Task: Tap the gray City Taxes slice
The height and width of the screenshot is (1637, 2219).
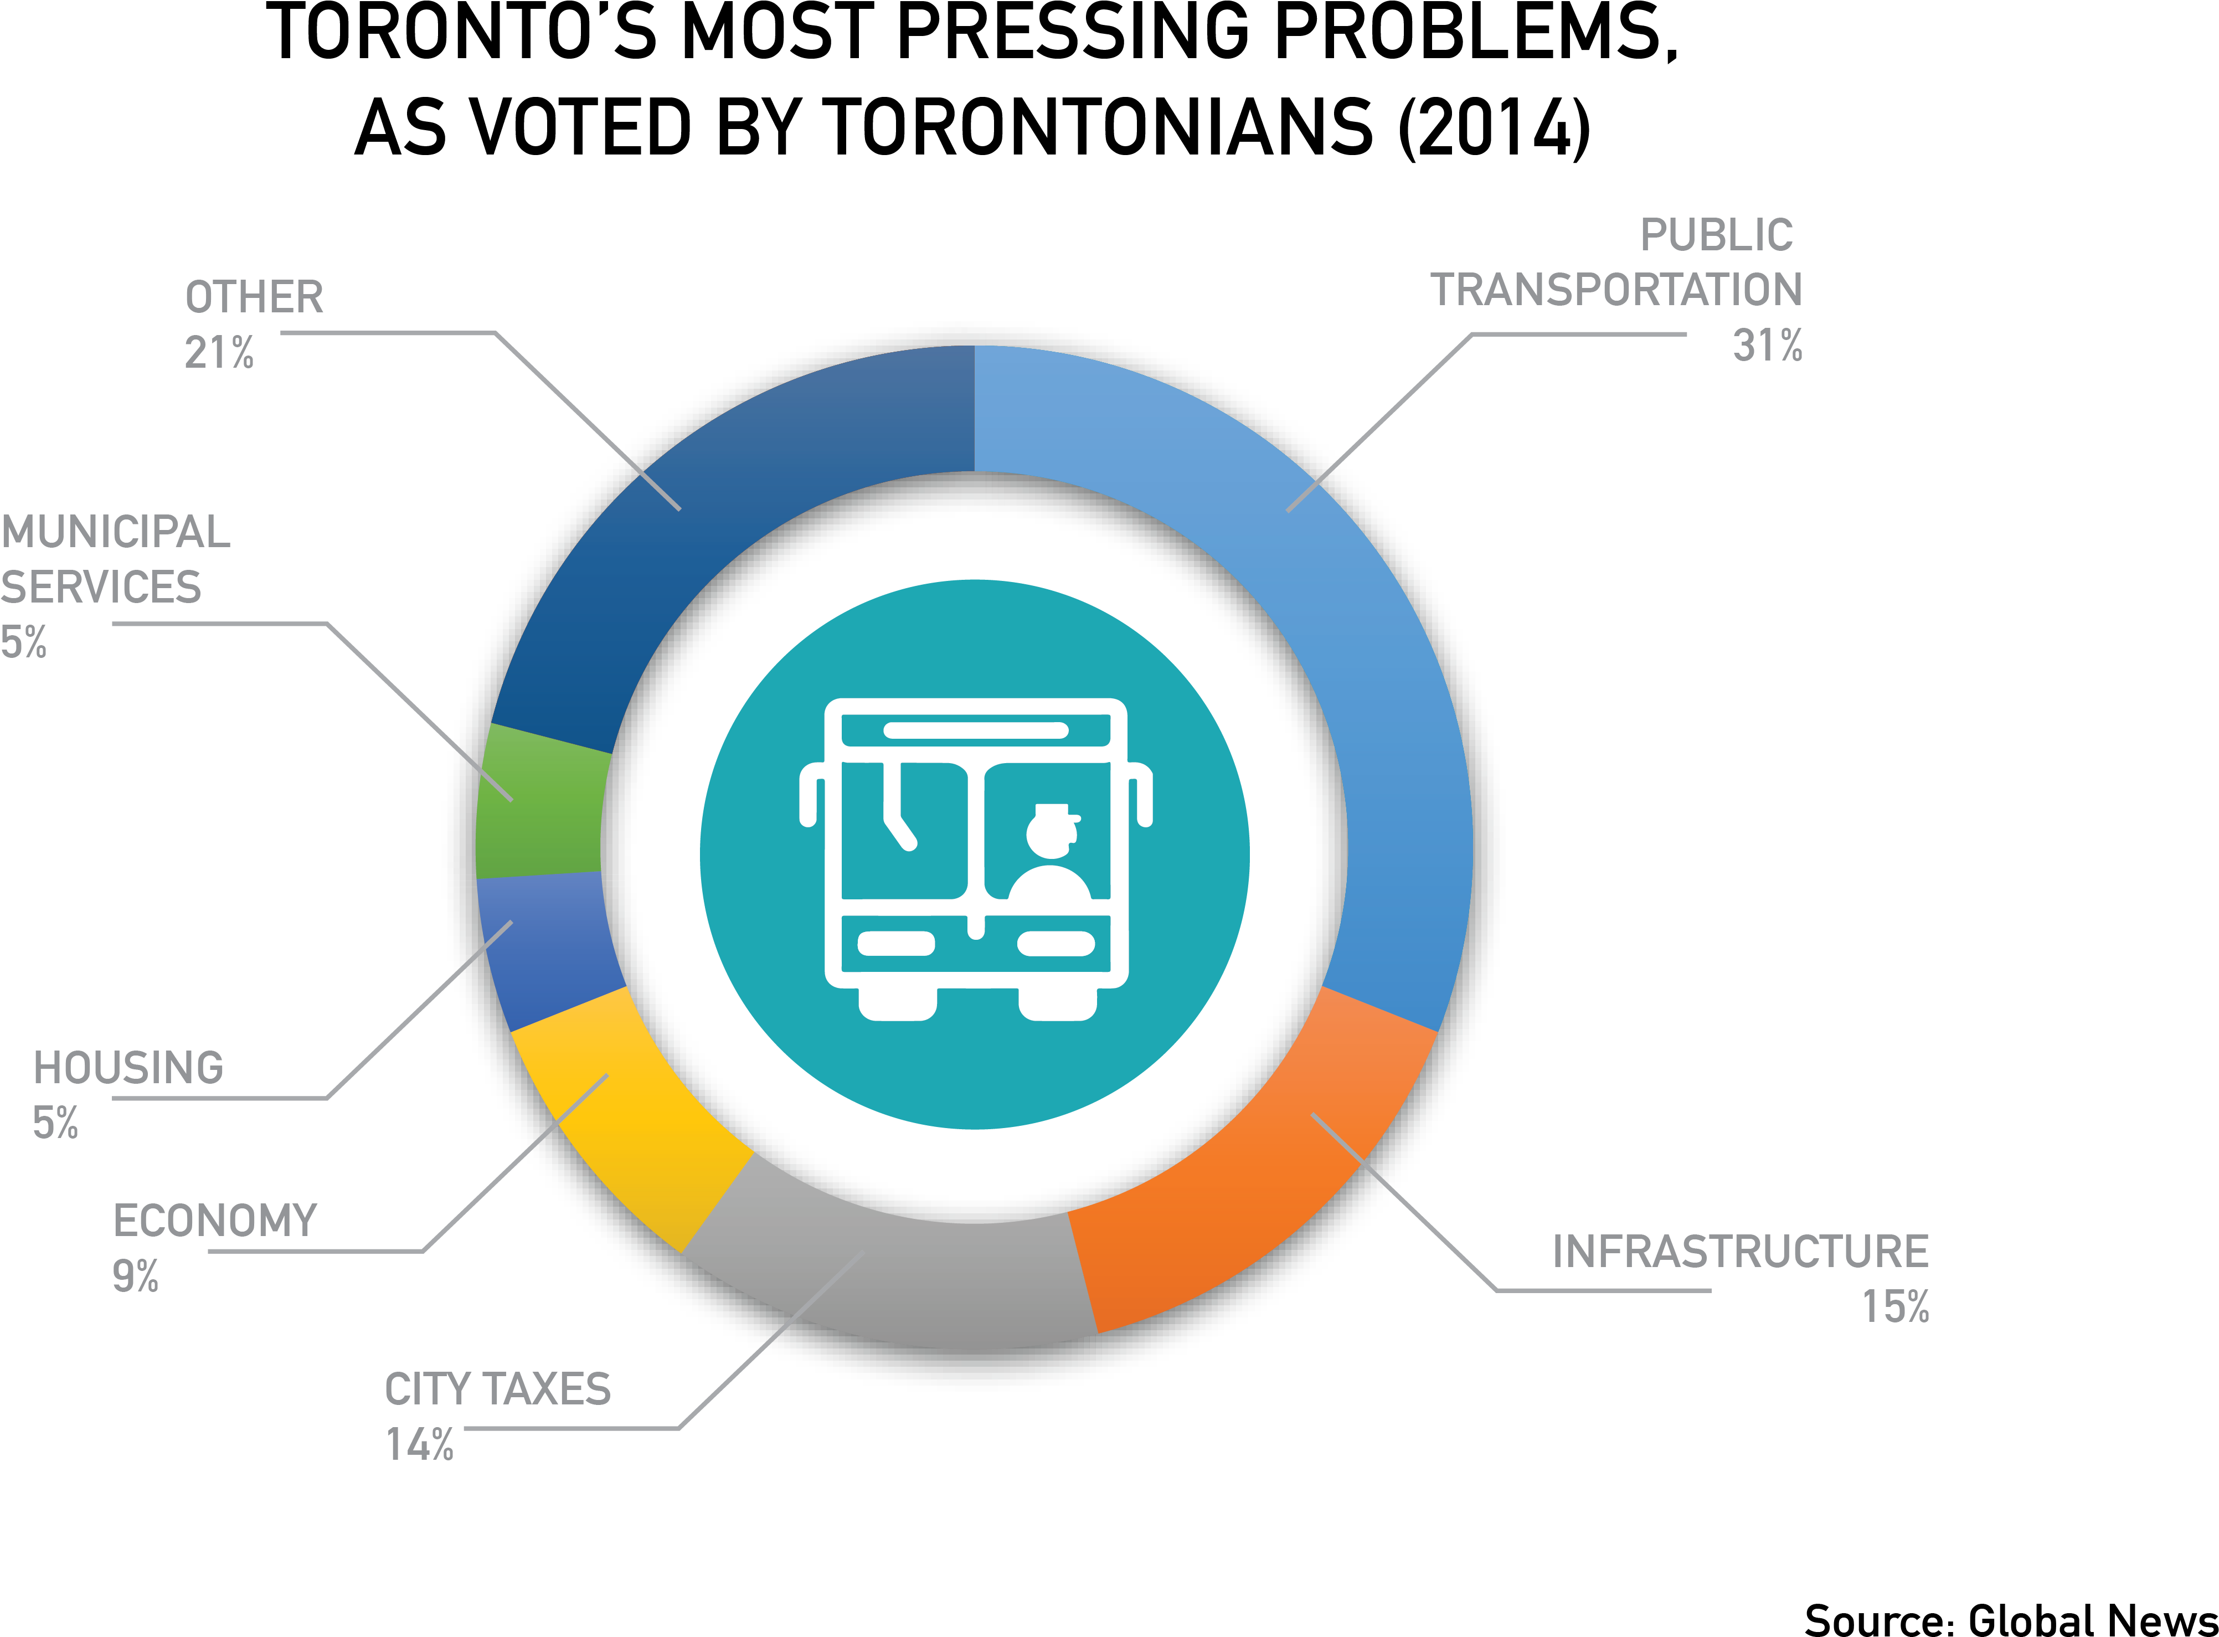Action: (892, 1278)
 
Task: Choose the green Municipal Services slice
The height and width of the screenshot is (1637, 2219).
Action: (540, 802)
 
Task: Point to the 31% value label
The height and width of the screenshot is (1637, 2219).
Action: (1767, 346)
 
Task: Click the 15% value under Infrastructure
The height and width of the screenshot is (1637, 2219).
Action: (1895, 1306)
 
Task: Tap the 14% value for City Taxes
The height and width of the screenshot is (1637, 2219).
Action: (419, 1445)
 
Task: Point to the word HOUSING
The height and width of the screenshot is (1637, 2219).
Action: (129, 1067)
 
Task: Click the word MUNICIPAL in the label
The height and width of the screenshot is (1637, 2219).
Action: (115, 532)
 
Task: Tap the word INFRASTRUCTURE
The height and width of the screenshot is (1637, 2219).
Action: (1741, 1252)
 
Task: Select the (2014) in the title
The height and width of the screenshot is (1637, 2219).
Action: (1495, 128)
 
